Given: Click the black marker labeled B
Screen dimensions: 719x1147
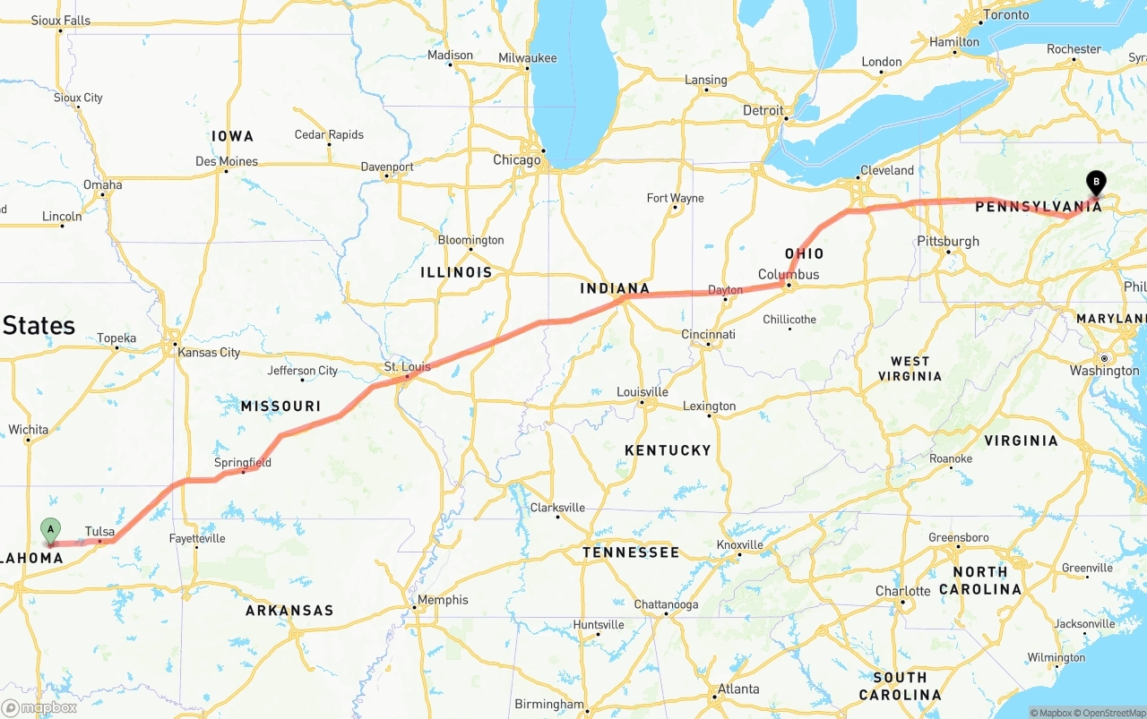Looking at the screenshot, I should pyautogui.click(x=1095, y=182).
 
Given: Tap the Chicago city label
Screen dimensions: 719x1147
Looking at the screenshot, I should pyautogui.click(x=517, y=160).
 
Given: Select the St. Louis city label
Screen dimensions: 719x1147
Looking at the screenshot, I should pyautogui.click(x=407, y=366).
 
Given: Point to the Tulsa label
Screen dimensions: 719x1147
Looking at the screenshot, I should pyautogui.click(x=99, y=532).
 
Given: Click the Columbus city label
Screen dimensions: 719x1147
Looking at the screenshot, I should pyautogui.click(x=789, y=274).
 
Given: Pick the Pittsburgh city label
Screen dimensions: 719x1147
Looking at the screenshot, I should pyautogui.click(x=948, y=241).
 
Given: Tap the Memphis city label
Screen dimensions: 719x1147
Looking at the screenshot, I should pyautogui.click(x=443, y=600).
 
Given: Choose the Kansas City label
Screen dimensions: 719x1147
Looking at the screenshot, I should pyautogui.click(x=209, y=352).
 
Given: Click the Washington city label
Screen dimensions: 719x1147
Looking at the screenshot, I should pyautogui.click(x=1104, y=371).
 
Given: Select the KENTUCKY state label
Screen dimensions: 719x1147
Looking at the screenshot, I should pyautogui.click(x=668, y=450).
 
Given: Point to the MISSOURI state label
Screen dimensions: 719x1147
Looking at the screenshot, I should pyautogui.click(x=280, y=407).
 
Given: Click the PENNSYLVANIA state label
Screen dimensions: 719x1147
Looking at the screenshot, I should pyautogui.click(x=1038, y=207).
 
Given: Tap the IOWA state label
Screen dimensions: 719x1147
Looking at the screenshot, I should pyautogui.click(x=233, y=136).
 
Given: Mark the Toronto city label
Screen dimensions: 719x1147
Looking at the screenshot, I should pyautogui.click(x=1006, y=15).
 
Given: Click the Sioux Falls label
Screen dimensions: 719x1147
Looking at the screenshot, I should pyautogui.click(x=61, y=20).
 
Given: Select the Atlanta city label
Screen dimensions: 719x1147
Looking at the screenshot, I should pyautogui.click(x=738, y=689).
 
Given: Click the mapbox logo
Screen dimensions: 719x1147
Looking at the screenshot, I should pyautogui.click(x=40, y=707).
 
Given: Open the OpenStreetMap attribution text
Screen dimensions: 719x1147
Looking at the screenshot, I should pyautogui.click(x=1113, y=713).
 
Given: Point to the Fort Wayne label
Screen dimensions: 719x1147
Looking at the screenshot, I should pyautogui.click(x=675, y=198).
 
